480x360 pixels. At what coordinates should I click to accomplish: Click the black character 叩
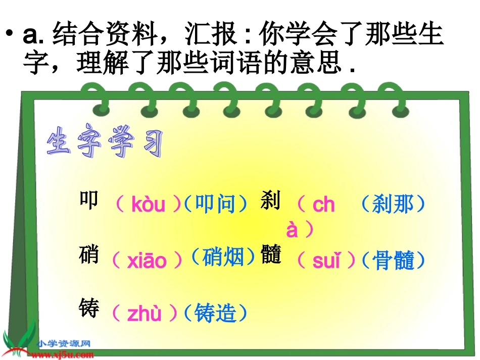(x=89, y=200)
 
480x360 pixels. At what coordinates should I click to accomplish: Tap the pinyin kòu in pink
(x=148, y=204)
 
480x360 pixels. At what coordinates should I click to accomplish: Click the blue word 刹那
(x=393, y=204)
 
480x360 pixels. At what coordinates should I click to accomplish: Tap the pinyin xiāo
(x=147, y=261)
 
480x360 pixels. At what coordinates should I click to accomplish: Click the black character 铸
(x=89, y=308)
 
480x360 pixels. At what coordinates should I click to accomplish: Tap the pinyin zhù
(x=144, y=314)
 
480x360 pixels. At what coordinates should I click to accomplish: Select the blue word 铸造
(x=215, y=313)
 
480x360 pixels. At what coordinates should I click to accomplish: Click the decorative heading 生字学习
(x=105, y=143)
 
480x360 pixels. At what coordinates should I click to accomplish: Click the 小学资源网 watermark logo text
(x=64, y=344)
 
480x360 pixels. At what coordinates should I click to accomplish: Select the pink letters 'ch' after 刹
(x=323, y=204)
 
